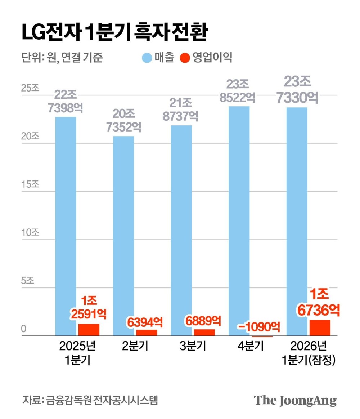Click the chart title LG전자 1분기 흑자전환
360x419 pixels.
click(x=115, y=33)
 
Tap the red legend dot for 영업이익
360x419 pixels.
click(x=185, y=58)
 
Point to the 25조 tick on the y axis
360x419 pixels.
click(x=30, y=89)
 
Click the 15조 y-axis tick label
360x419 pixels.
click(x=30, y=184)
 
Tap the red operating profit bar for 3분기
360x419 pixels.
click(x=204, y=333)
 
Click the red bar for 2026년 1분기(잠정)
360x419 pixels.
click(x=320, y=328)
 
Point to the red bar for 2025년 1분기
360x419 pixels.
click(x=89, y=330)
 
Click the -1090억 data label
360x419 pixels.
click(x=259, y=327)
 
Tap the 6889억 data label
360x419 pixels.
click(x=204, y=320)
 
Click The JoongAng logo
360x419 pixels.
click(x=295, y=400)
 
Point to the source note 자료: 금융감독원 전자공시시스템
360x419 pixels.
click(x=90, y=400)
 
